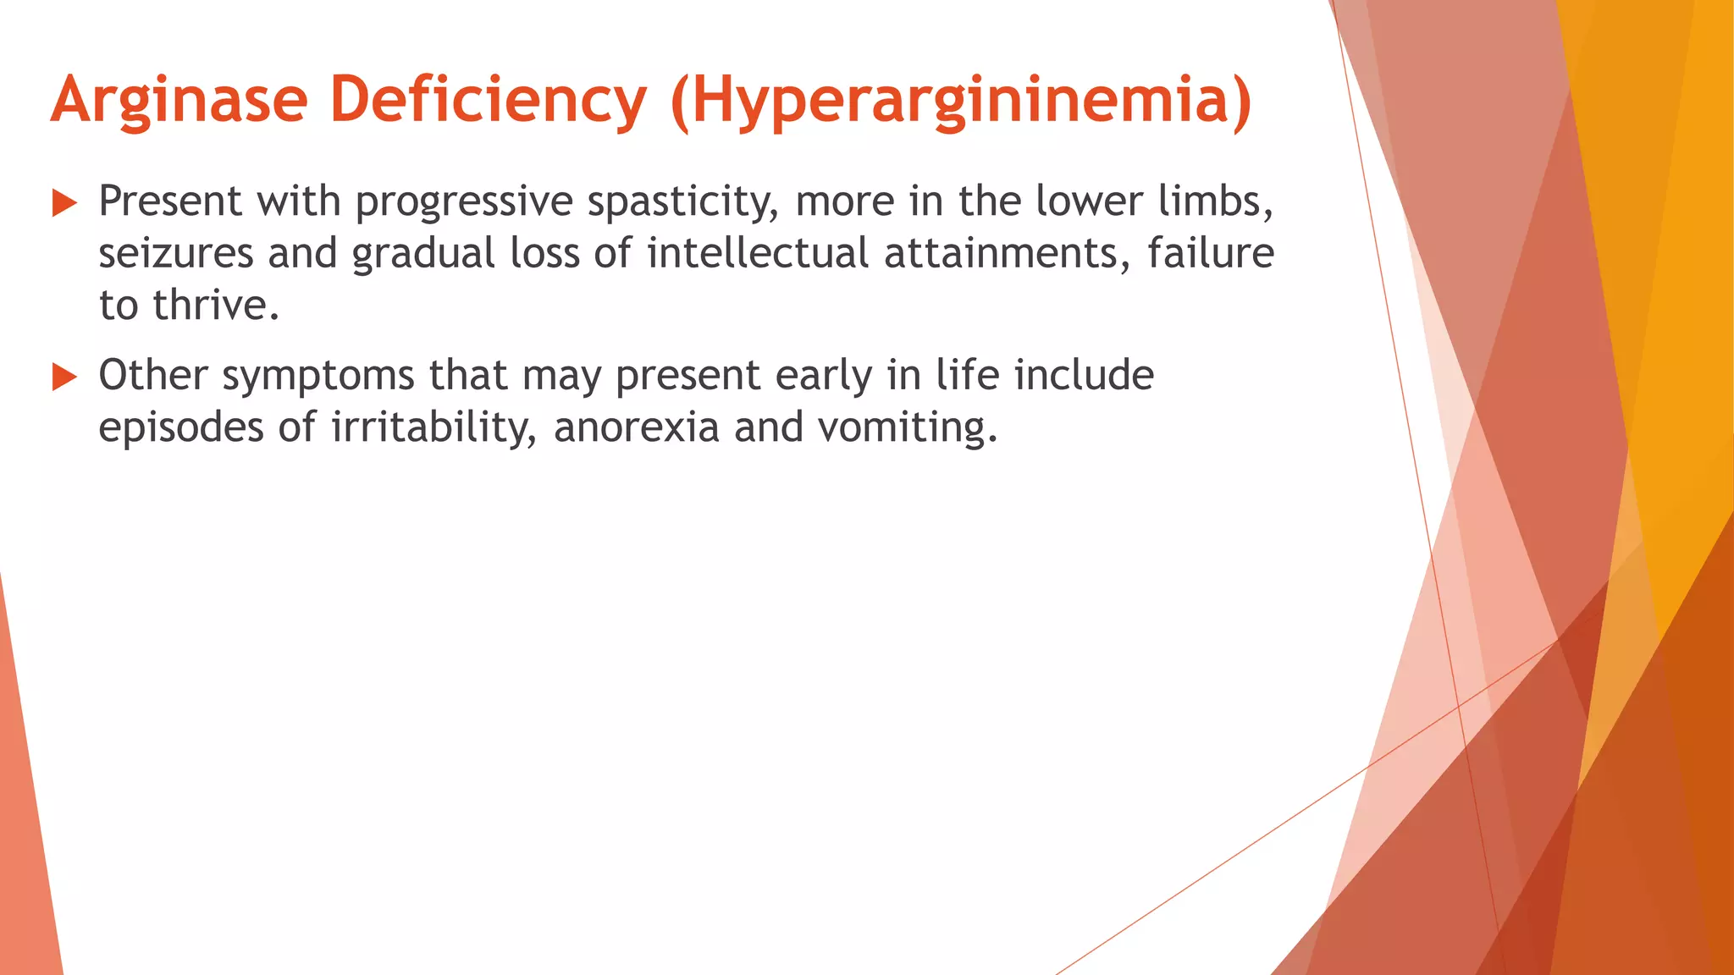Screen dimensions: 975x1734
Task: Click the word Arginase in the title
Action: [x=179, y=101]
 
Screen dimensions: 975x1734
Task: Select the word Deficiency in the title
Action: [x=489, y=101]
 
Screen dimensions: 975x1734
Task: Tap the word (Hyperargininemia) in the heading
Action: [x=960, y=101]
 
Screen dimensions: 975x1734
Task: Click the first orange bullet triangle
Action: [x=64, y=203]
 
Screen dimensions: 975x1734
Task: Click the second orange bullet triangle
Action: [x=64, y=377]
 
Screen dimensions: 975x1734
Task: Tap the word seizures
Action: [x=175, y=254]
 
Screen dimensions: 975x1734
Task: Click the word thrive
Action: [x=215, y=306]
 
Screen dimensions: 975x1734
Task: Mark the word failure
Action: [x=1210, y=254]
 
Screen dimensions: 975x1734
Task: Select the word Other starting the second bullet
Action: [x=152, y=376]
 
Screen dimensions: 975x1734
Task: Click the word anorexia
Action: [x=636, y=428]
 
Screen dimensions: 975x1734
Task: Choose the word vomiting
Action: [x=907, y=428]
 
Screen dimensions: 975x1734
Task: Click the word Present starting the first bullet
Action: [x=171, y=201]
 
